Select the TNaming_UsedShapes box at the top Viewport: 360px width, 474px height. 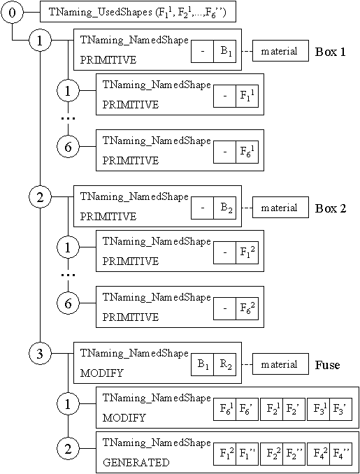pyautogui.click(x=138, y=13)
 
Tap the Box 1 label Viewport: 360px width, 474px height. pyautogui.click(x=332, y=52)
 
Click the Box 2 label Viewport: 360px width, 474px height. pyautogui.click(x=332, y=208)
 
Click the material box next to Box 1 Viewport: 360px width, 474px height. pyautogui.click(x=279, y=51)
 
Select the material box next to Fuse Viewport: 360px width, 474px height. pyautogui.click(x=279, y=364)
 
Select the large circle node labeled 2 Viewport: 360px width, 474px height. pyautogui.click(x=40, y=198)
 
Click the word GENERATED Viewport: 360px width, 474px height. pyautogui.click(x=135, y=462)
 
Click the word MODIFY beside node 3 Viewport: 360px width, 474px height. pyautogui.click(x=101, y=373)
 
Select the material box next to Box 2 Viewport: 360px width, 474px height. pyautogui.click(x=279, y=208)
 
